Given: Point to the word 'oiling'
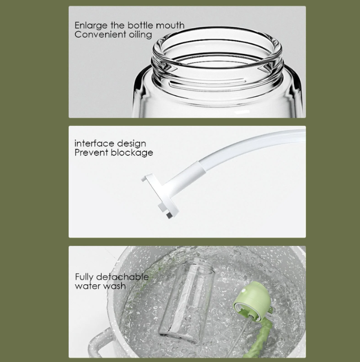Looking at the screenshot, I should coord(141,34).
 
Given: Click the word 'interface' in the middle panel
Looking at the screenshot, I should coord(94,143).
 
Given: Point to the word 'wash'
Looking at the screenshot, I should coord(115,286).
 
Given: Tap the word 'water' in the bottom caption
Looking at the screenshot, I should coord(88,286).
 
